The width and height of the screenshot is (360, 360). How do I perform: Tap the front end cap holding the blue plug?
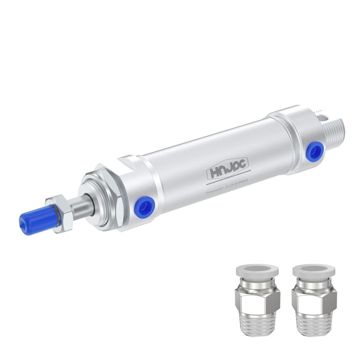[137, 197]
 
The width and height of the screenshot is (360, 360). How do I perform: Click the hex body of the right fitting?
[314, 300]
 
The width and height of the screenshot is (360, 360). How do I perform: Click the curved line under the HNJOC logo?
[230, 180]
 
